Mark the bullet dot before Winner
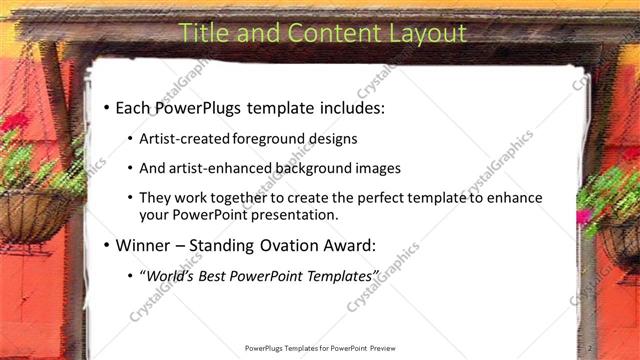105,244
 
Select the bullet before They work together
130,198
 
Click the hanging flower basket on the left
30,205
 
